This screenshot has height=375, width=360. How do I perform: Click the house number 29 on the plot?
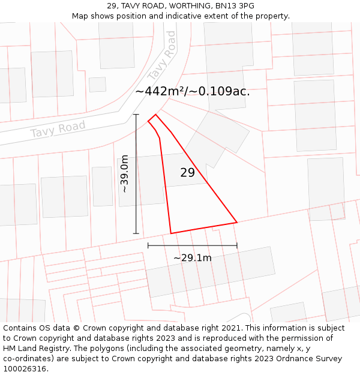click(187, 173)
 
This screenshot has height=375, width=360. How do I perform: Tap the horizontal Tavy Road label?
click(58, 128)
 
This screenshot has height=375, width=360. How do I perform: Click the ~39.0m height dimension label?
click(124, 174)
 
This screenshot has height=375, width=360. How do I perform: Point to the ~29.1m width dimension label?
click(192, 258)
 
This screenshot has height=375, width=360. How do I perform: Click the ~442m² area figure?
click(160, 91)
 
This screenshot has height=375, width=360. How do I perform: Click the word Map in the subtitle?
click(80, 16)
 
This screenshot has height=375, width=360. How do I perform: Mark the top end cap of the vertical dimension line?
click(136, 115)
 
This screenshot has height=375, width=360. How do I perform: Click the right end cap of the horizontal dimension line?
click(237, 245)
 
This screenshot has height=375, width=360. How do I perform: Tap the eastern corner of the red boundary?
click(237, 223)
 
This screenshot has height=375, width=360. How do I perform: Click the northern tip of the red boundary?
click(156, 115)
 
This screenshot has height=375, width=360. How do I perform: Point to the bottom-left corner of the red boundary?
click(171, 233)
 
